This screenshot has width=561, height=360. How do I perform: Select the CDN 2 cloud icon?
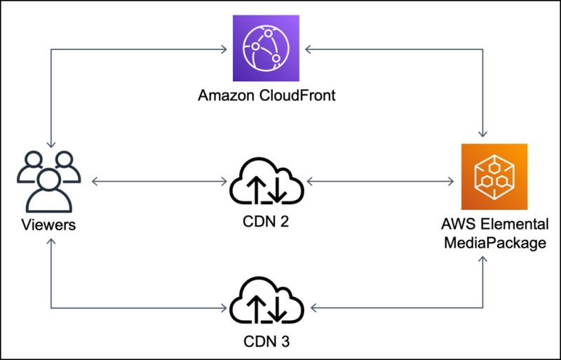pos(266,184)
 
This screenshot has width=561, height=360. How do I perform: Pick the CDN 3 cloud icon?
pos(266,304)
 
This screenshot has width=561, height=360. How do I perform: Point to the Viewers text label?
pos(48,226)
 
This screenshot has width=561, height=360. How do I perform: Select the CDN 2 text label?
pos(267,222)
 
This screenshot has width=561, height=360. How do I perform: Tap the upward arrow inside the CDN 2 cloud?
pos(257,187)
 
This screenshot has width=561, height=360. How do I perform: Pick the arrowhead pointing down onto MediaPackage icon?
pos(483,133)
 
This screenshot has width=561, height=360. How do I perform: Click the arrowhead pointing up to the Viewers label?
pos(50,241)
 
